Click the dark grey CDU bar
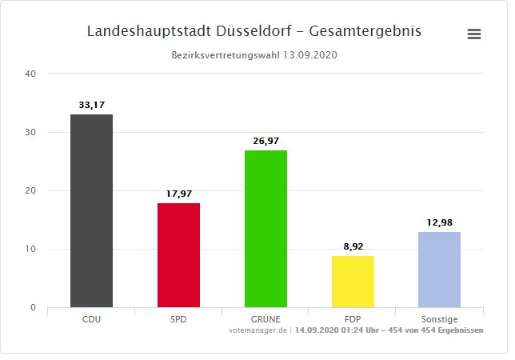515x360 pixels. click(x=91, y=210)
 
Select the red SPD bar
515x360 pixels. click(x=178, y=255)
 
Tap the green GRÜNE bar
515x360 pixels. click(x=265, y=229)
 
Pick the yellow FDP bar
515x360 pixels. click(x=353, y=282)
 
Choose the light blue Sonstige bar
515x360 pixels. click(x=440, y=270)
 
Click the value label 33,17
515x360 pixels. click(x=91, y=104)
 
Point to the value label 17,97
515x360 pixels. click(x=178, y=194)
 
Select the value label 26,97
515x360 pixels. click(x=265, y=141)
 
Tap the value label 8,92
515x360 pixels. click(x=353, y=246)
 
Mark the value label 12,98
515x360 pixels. click(x=440, y=222)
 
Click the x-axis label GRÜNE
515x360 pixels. click(x=265, y=319)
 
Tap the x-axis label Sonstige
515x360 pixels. click(x=440, y=319)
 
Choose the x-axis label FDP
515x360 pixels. click(x=353, y=319)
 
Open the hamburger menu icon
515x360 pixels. click(x=474, y=34)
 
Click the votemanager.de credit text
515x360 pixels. click(x=257, y=330)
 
